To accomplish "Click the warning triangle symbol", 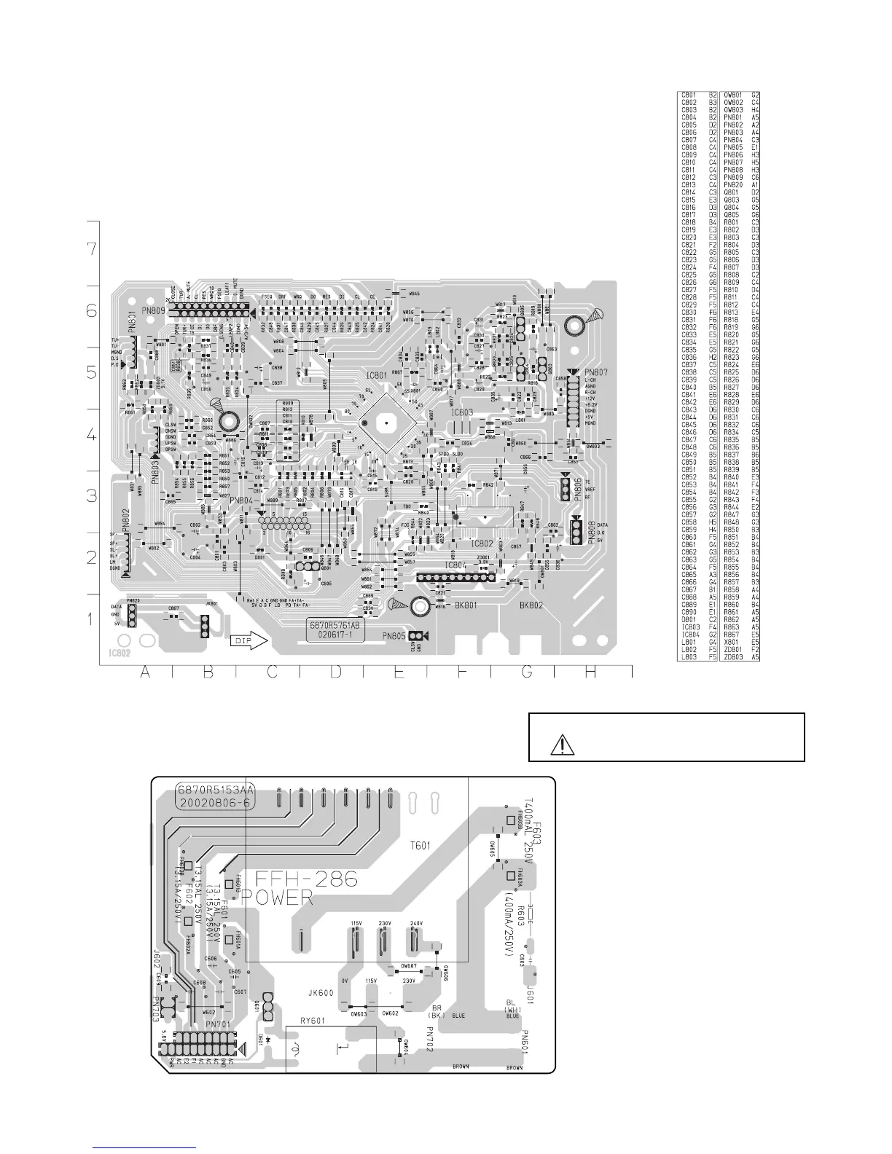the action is [x=563, y=745].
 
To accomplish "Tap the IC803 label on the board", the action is [x=462, y=412].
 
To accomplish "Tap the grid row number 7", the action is [x=91, y=248].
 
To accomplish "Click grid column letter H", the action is [x=590, y=674].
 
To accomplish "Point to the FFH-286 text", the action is [x=299, y=880].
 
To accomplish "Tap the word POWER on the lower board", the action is [x=278, y=899].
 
